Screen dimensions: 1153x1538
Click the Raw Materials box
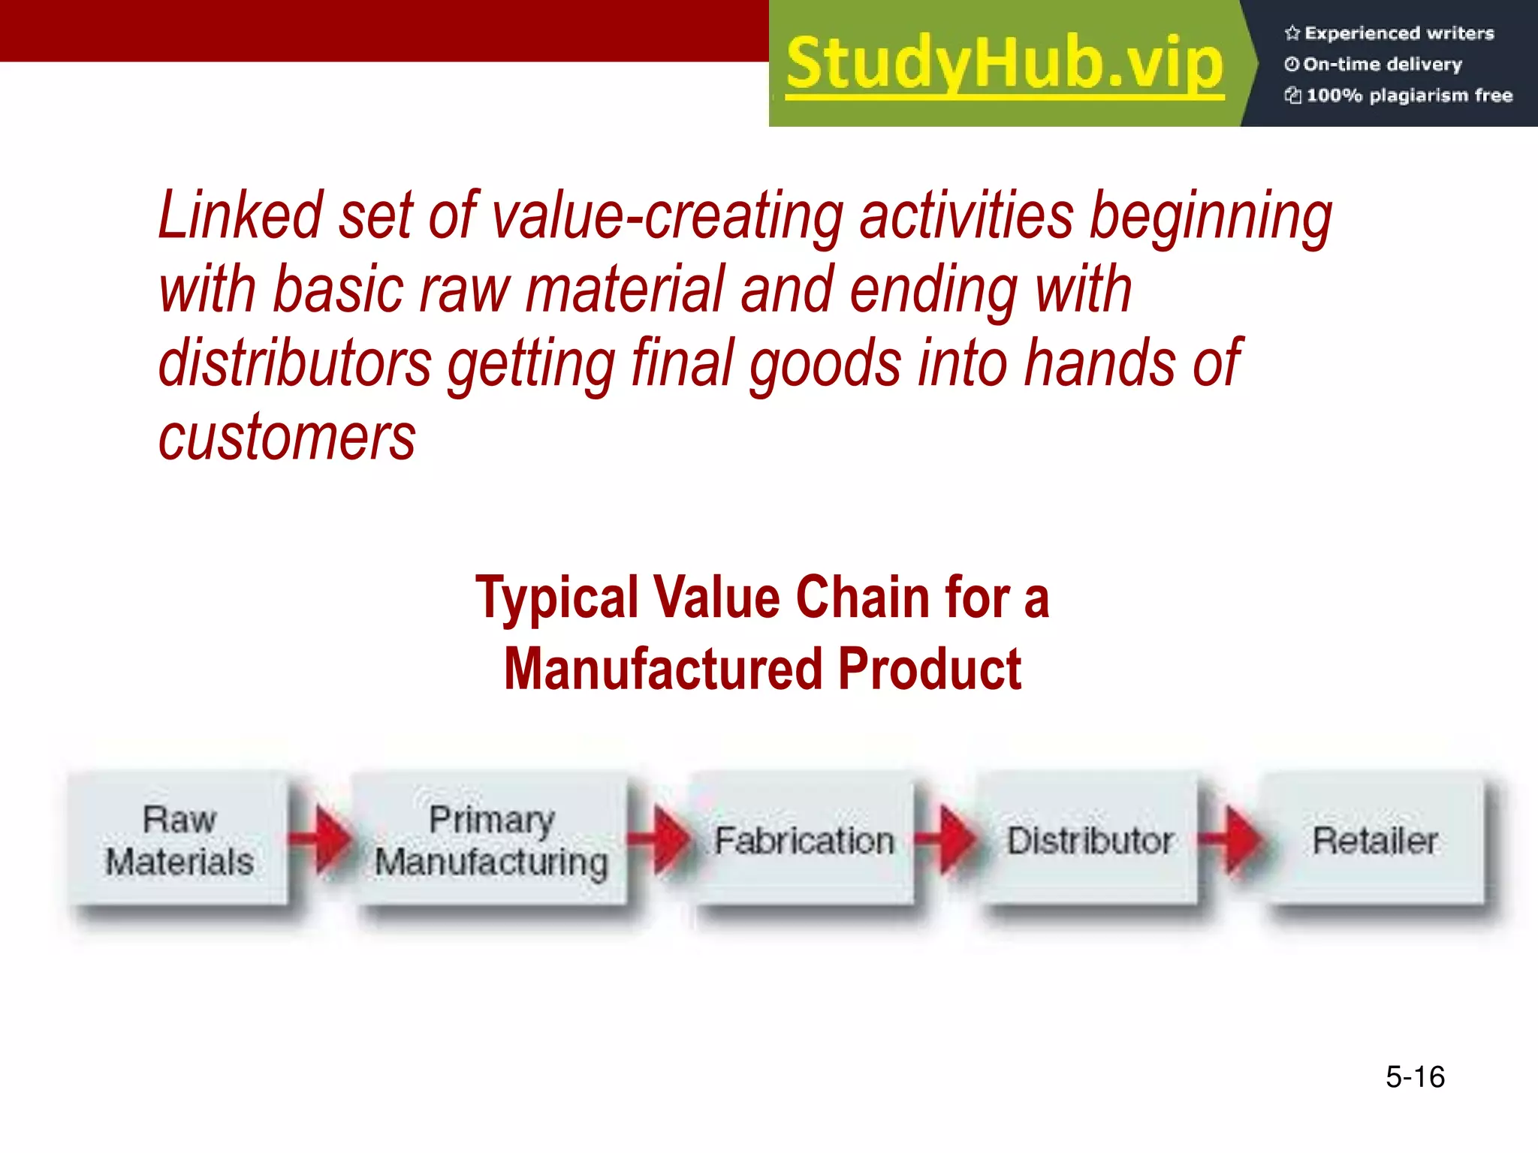[179, 839]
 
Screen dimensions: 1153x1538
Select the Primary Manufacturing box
[490, 839]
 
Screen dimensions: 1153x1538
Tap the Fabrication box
[804, 839]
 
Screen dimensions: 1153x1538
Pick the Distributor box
[1089, 839]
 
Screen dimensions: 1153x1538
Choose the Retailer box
[1374, 839]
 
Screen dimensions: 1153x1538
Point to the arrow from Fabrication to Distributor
[949, 838]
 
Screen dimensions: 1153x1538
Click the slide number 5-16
[1415, 1076]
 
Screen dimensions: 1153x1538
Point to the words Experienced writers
[1399, 33]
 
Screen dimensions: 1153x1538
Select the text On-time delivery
[1383, 65]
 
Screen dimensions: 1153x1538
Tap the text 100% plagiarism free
[1409, 95]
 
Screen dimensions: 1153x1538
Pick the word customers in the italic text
[287, 438]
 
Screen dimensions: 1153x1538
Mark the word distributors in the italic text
[295, 363]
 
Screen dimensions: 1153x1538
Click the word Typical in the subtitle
[556, 598]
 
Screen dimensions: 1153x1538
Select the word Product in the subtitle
[929, 669]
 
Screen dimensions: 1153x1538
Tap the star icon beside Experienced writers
[1292, 33]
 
